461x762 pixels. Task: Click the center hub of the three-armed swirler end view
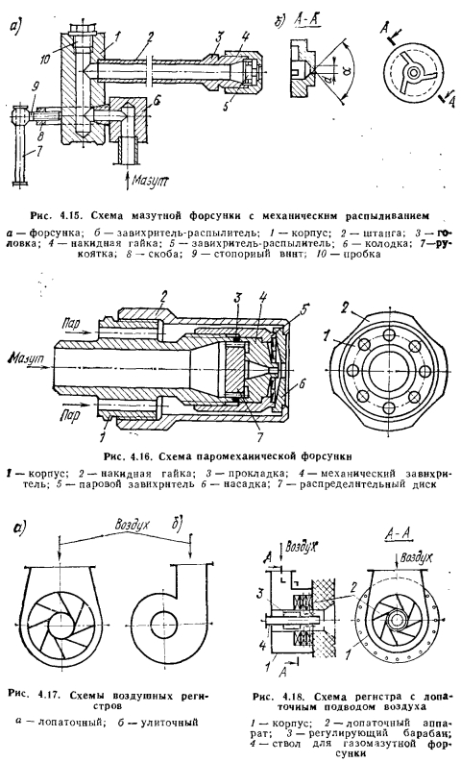point(414,73)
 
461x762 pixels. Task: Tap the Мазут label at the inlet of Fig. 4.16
point(25,358)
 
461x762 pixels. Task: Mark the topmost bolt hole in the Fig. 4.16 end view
point(389,334)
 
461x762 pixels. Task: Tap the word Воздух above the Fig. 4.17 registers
point(132,525)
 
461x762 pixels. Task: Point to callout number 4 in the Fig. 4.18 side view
point(262,647)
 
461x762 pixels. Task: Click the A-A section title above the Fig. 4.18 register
point(398,534)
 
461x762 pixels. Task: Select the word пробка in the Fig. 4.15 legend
point(361,255)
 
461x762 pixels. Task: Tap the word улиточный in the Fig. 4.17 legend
point(169,723)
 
